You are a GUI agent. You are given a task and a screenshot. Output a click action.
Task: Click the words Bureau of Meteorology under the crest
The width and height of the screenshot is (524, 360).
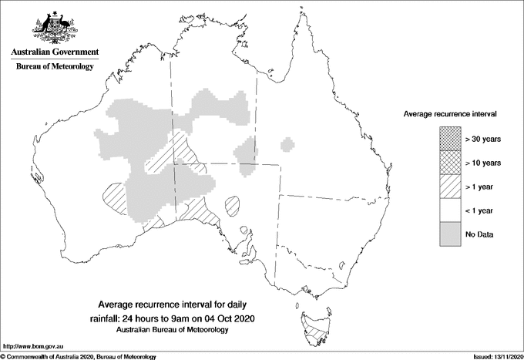point(54,66)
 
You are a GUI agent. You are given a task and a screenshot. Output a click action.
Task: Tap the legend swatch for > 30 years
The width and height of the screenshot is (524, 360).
point(448,139)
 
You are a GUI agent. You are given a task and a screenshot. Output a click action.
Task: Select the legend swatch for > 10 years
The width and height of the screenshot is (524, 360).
point(448,163)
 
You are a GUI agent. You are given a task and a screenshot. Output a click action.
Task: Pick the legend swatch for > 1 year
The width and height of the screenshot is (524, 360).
point(448,187)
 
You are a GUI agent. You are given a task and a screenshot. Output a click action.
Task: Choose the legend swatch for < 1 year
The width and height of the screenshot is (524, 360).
point(448,210)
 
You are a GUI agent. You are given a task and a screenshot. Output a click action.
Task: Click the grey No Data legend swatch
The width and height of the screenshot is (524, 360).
point(448,234)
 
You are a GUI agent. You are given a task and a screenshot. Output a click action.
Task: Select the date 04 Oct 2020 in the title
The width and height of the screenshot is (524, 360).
point(228,318)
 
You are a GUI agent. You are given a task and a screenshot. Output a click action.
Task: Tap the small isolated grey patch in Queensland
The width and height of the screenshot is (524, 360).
point(287,144)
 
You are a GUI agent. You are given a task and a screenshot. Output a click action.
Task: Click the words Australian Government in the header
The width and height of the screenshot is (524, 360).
point(54,52)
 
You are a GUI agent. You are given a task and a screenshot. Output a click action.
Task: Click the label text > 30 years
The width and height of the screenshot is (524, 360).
point(483,139)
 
